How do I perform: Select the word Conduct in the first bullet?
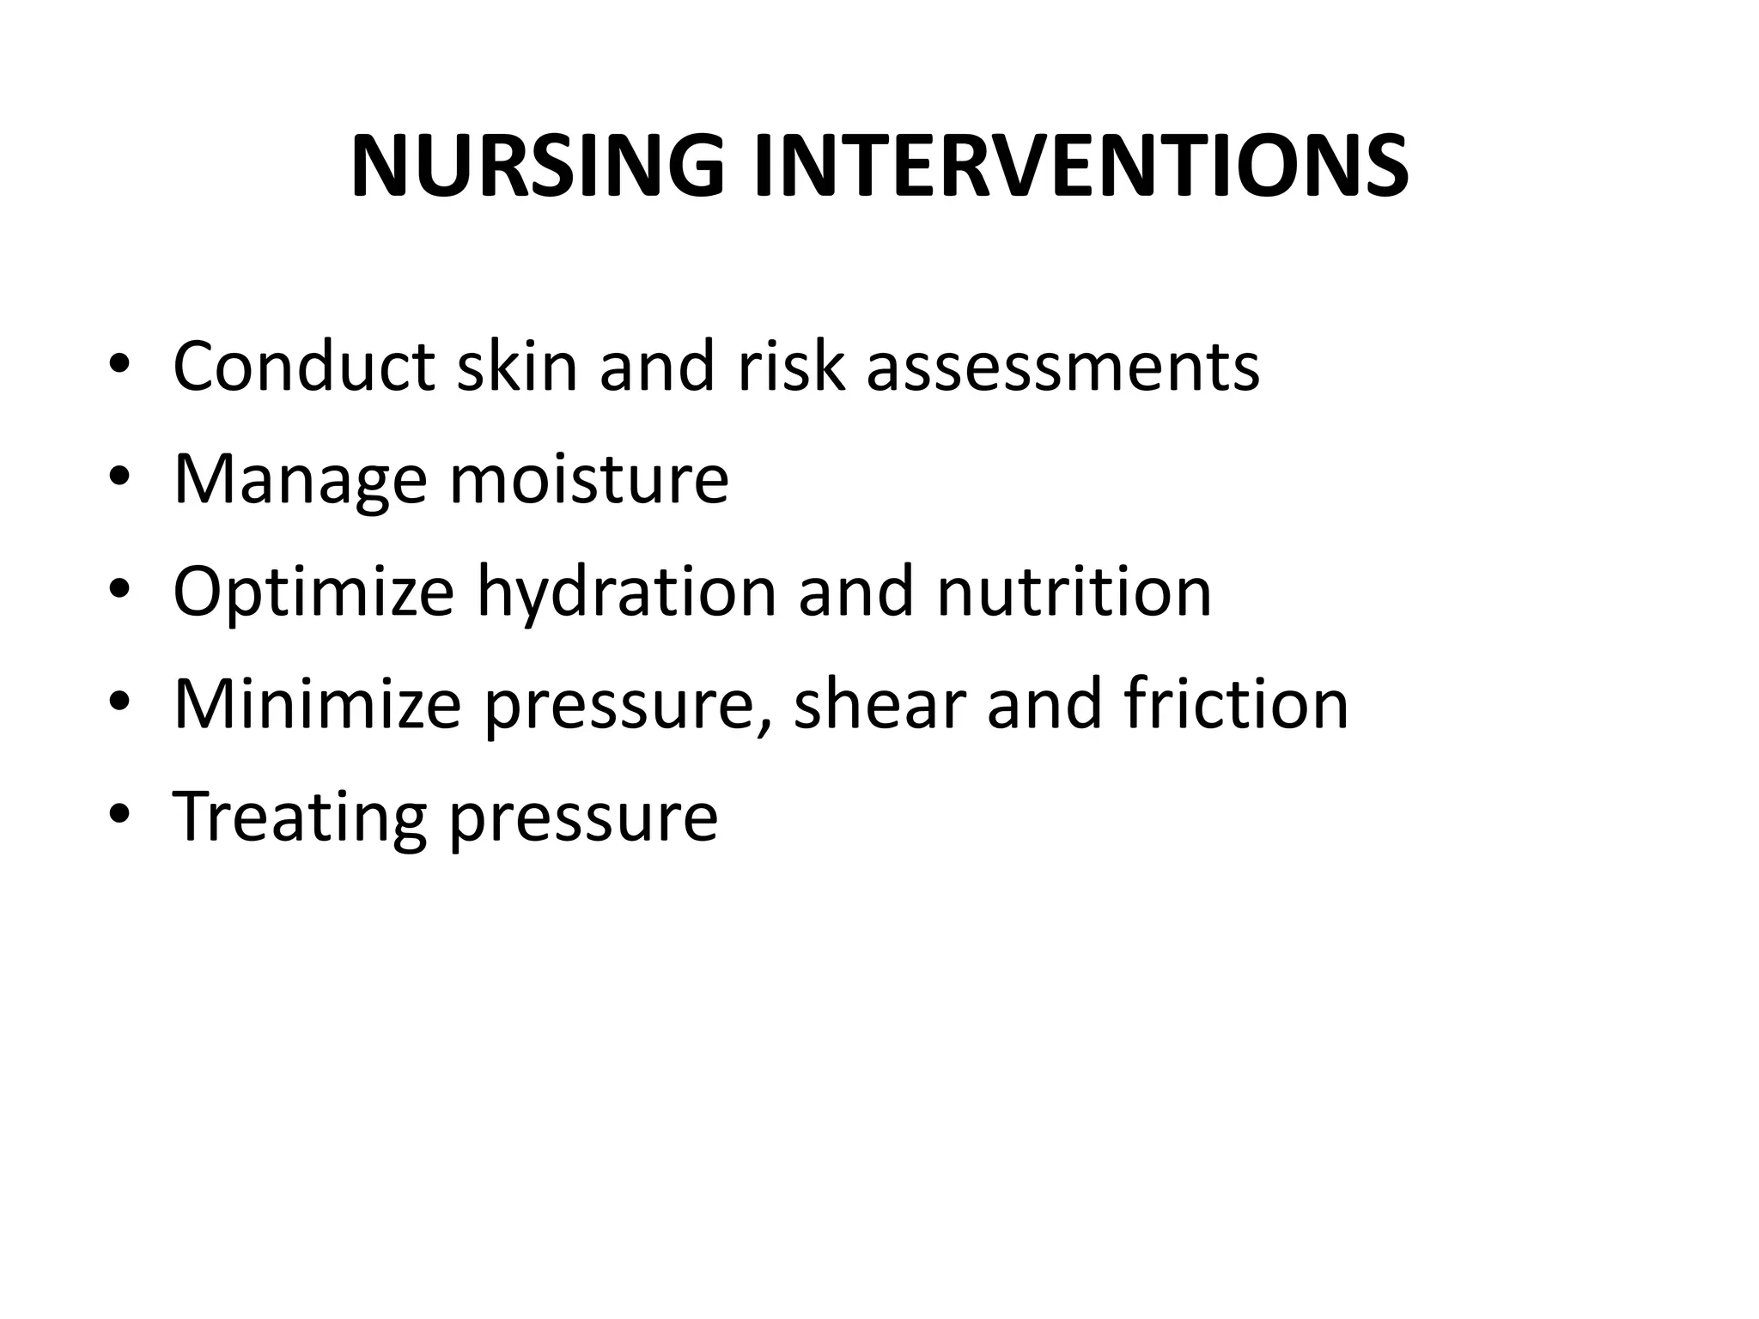(303, 367)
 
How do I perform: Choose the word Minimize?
(317, 704)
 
